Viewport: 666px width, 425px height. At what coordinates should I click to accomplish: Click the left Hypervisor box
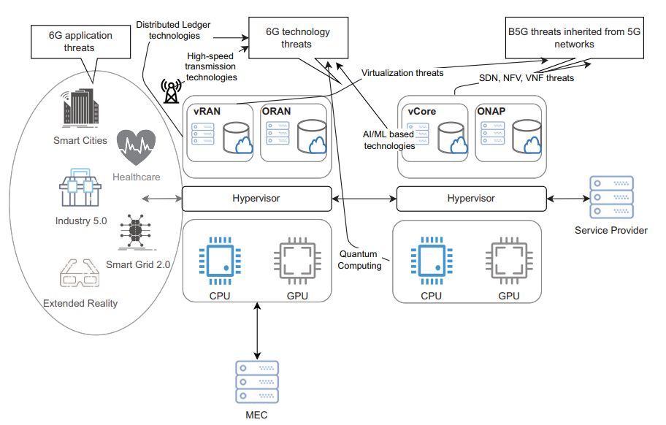(x=256, y=198)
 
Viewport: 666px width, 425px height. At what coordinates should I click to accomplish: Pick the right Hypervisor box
(x=470, y=198)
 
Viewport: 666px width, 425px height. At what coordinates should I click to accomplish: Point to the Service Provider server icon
(x=610, y=197)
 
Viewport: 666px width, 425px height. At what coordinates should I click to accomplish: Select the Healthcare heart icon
(x=136, y=146)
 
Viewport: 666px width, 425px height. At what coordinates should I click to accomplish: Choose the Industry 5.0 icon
(x=78, y=189)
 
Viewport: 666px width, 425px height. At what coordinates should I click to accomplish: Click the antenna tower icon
(x=171, y=90)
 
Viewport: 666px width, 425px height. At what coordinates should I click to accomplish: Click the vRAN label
(x=207, y=111)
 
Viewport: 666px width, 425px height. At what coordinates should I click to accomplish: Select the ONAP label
(x=491, y=111)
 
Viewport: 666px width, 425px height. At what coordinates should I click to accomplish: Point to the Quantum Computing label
(x=359, y=260)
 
